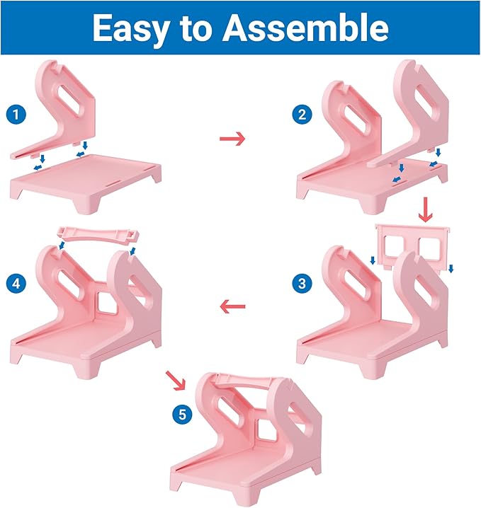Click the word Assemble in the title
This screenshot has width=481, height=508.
(x=306, y=28)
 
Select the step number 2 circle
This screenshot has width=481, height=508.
(x=305, y=114)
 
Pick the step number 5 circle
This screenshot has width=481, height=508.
(x=183, y=415)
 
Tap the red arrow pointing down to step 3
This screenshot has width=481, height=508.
(x=425, y=209)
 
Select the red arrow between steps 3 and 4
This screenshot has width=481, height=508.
(x=232, y=306)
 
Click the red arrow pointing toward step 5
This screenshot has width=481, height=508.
(x=174, y=380)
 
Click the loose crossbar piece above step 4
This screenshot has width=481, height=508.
(x=96, y=234)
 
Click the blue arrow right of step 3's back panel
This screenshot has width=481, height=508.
(x=451, y=267)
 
